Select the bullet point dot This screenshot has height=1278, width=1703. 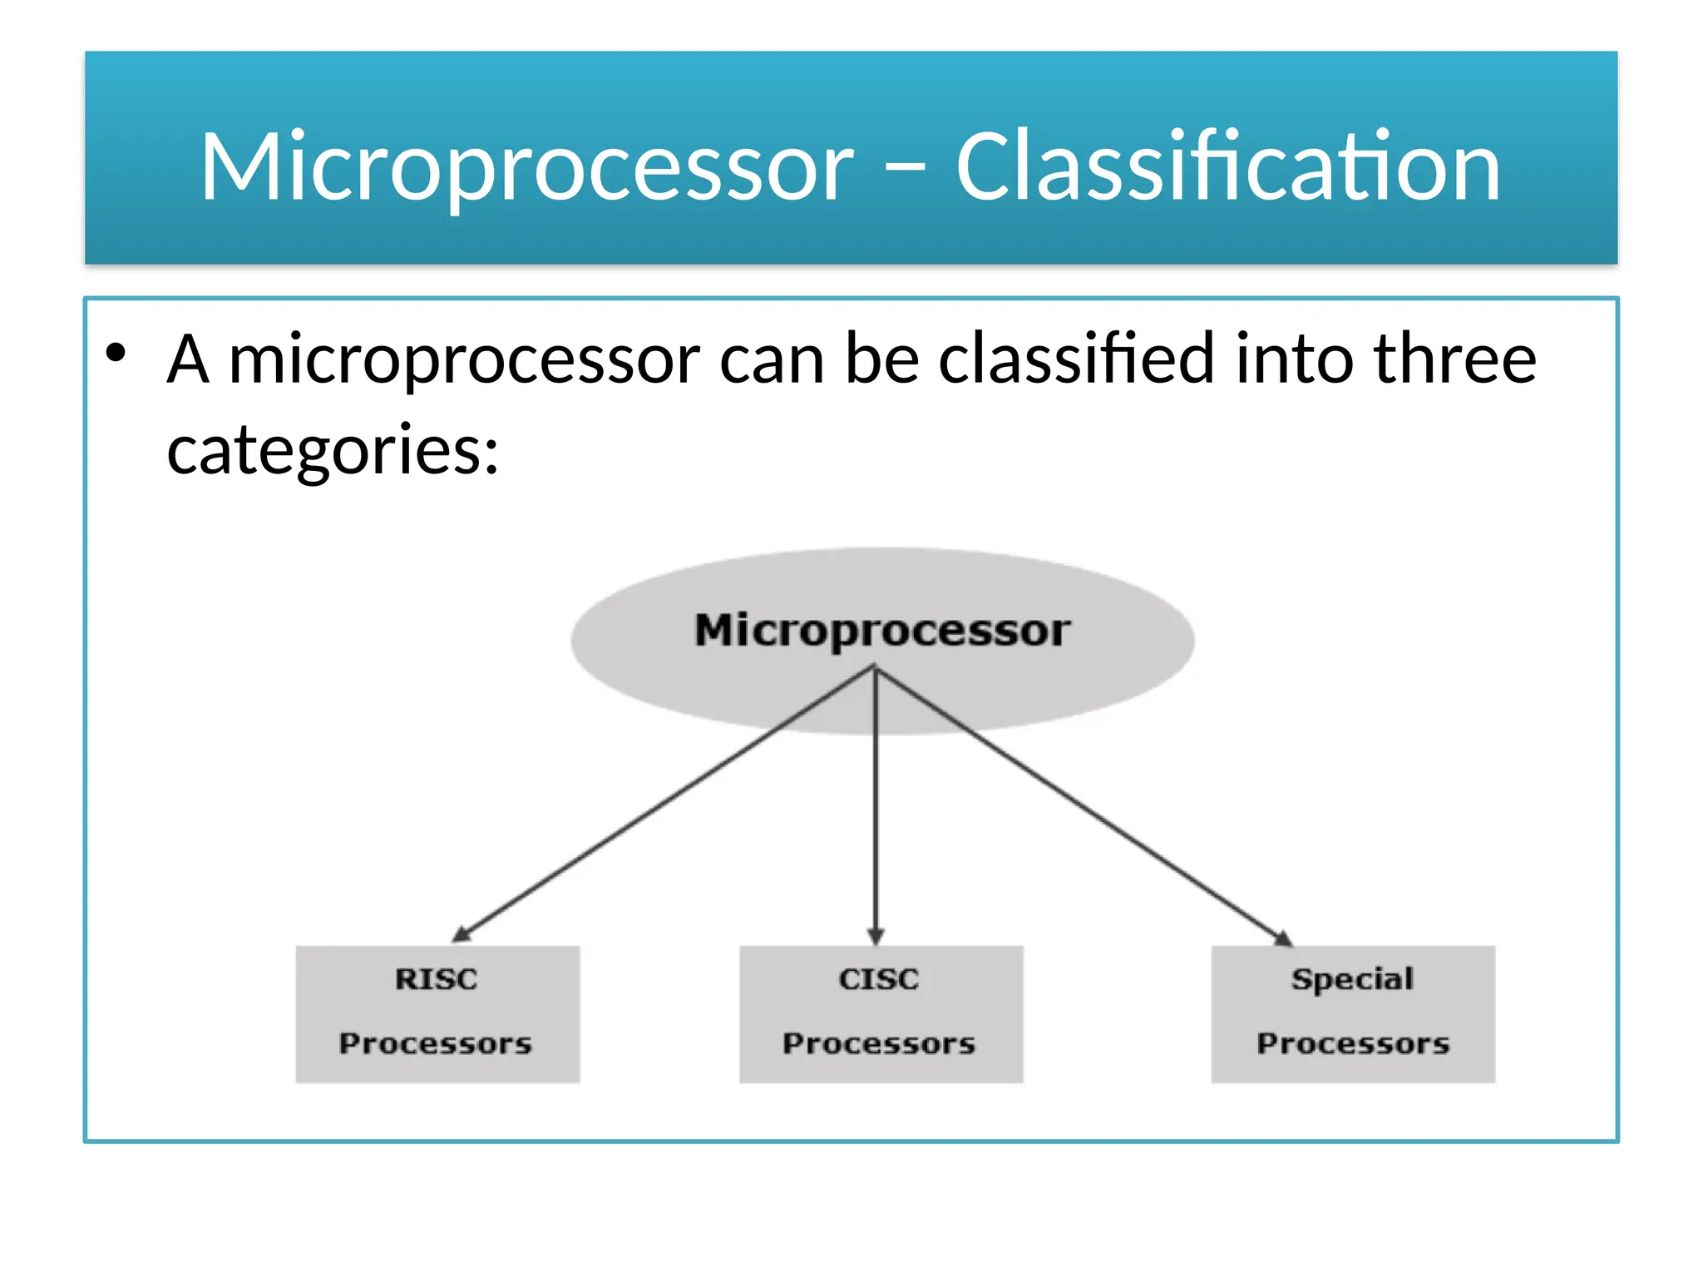(x=116, y=353)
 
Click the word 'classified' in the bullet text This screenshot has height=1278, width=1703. (x=1077, y=359)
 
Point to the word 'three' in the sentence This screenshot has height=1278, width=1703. (x=1454, y=359)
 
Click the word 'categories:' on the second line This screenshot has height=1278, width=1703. (x=333, y=450)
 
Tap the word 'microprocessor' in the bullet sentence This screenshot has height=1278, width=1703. (x=464, y=360)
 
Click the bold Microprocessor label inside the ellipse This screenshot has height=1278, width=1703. (x=882, y=631)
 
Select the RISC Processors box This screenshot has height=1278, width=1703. (x=437, y=1013)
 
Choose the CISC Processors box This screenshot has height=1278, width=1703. (x=881, y=1013)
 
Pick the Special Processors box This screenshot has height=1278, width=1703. (x=1352, y=1013)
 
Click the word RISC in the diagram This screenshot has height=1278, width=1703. (x=437, y=979)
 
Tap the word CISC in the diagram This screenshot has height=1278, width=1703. (x=879, y=979)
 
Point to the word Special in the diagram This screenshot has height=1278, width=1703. (x=1352, y=979)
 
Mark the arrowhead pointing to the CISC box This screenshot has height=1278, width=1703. (x=876, y=936)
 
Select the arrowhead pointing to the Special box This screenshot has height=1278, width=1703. (x=1283, y=938)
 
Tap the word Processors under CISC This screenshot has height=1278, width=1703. (x=879, y=1043)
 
